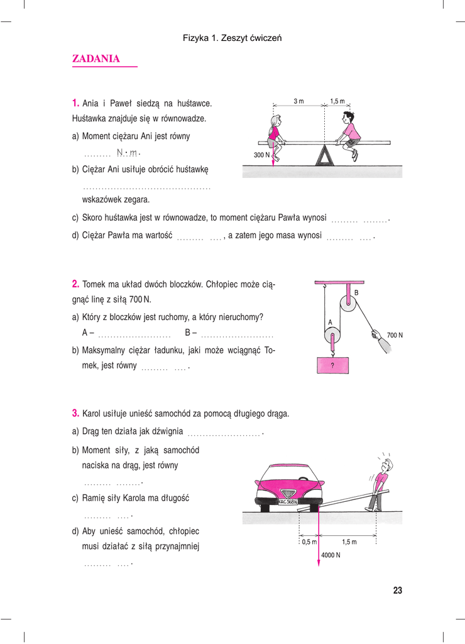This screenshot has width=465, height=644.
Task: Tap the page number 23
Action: pyautogui.click(x=397, y=591)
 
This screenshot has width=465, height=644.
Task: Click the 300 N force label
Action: pyautogui.click(x=261, y=155)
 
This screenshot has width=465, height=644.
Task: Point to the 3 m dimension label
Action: pyautogui.click(x=298, y=101)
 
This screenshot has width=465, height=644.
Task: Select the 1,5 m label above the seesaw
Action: pyautogui.click(x=337, y=101)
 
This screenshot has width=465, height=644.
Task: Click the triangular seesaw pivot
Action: pyautogui.click(x=324, y=155)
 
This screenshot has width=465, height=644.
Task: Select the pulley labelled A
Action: pyautogui.click(x=333, y=336)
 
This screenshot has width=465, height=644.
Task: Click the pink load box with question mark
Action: pyautogui.click(x=332, y=364)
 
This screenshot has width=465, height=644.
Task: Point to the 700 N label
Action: pyautogui.click(x=395, y=335)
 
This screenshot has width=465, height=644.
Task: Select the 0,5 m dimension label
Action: pyautogui.click(x=308, y=541)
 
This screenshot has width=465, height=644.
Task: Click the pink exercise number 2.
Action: pyautogui.click(x=75, y=284)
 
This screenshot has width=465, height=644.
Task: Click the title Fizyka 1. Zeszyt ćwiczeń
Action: pyautogui.click(x=232, y=38)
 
